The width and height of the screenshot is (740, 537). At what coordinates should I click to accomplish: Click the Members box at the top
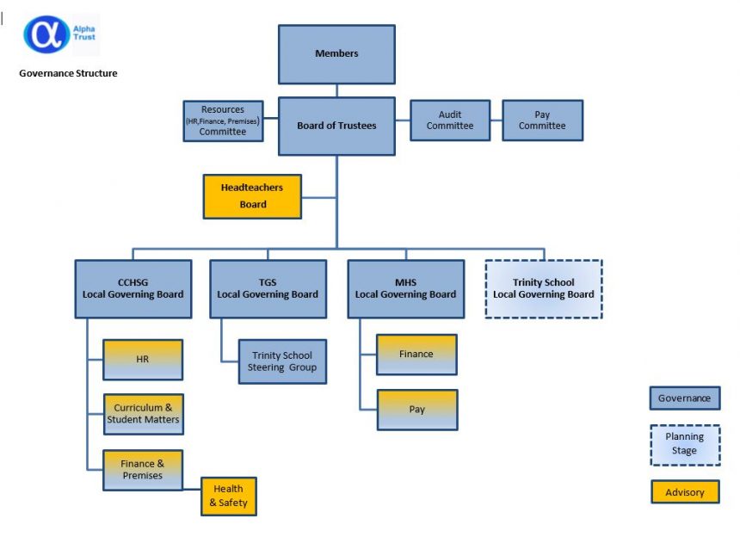(336, 53)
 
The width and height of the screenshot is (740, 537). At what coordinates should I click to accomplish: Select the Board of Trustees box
(336, 126)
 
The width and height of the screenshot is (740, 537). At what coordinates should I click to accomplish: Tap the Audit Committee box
(450, 120)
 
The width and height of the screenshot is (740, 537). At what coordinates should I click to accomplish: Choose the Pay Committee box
(542, 120)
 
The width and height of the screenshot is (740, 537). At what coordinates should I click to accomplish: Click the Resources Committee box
(222, 120)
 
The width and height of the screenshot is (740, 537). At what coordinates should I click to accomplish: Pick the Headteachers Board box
(253, 196)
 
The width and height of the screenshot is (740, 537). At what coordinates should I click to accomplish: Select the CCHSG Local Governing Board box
(133, 288)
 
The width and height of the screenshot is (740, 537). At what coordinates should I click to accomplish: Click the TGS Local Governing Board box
(268, 288)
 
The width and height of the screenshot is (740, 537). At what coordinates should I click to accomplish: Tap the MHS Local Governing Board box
(405, 288)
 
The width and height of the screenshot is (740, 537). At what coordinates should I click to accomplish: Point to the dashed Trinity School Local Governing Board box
(543, 288)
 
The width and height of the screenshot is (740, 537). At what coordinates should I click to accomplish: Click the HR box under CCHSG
(143, 359)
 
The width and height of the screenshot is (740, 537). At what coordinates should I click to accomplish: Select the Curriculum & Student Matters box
(143, 414)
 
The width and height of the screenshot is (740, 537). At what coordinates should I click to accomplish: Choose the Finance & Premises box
(143, 470)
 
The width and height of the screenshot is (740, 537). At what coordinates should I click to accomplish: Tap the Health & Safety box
(228, 496)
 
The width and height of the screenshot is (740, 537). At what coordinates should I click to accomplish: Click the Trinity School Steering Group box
(282, 361)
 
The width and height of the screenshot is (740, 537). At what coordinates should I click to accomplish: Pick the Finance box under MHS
(416, 355)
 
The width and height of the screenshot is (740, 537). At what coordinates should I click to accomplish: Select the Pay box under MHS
(416, 410)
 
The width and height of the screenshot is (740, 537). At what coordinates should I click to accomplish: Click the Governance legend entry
(684, 398)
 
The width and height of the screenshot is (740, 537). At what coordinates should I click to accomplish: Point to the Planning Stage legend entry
(684, 444)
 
